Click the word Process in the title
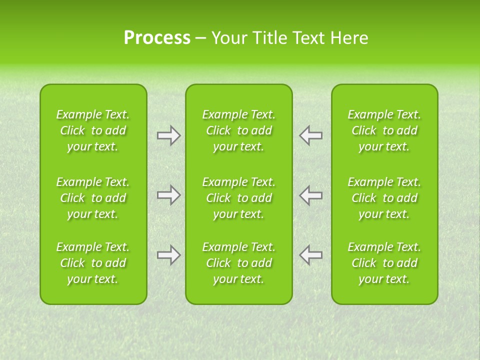click(157, 38)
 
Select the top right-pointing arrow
click(168, 135)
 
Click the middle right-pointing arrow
click(168, 195)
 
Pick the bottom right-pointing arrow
click(168, 255)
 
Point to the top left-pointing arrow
click(310, 135)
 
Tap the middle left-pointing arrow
click(310, 195)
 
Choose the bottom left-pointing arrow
click(310, 255)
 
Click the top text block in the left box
click(93, 130)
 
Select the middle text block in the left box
click(93, 198)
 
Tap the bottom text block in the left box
click(93, 263)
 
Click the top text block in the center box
click(238, 130)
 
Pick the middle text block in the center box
click(238, 198)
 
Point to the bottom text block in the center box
click(238, 263)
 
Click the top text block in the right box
click(384, 130)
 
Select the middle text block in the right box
click(384, 198)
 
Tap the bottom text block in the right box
click(384, 263)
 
